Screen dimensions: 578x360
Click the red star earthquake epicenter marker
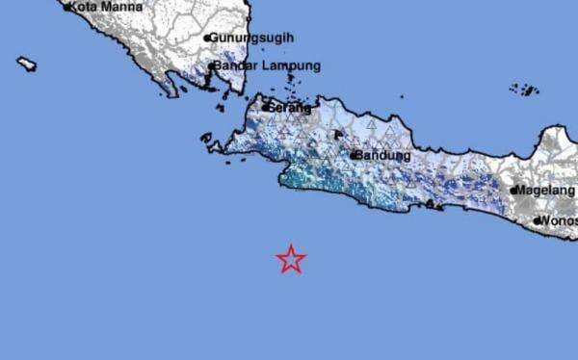291,259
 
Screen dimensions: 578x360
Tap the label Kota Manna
106,7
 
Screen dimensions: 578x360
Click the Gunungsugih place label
251,38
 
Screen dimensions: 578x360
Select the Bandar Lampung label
267,66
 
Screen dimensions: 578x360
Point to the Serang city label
291,108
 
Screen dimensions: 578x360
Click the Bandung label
384,155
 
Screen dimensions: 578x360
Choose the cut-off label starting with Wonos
560,220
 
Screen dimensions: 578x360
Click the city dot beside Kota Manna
67,7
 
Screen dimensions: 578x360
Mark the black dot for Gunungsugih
206,39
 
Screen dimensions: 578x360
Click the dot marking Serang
265,108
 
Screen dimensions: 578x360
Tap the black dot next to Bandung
354,155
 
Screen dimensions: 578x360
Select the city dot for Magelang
514,191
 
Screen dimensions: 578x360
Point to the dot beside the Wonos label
538,220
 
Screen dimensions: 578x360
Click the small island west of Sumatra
26,64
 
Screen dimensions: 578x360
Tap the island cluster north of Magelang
525,89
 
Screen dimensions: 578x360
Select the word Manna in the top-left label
123,7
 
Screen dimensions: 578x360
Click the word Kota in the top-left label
87,7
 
